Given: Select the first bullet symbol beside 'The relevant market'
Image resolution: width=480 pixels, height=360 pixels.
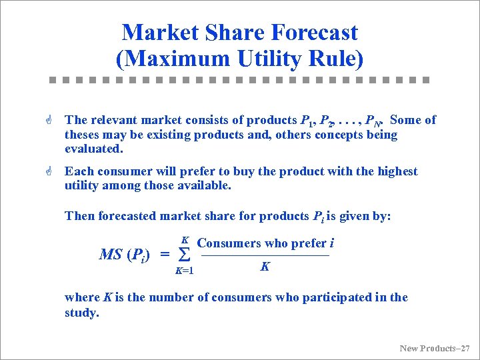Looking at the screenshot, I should [x=51, y=120].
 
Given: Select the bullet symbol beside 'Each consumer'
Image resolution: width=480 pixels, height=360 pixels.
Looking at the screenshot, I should [x=51, y=171].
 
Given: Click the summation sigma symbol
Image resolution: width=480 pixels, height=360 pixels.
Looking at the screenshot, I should [x=186, y=255].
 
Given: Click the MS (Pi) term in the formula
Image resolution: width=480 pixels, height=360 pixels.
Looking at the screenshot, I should [x=124, y=254].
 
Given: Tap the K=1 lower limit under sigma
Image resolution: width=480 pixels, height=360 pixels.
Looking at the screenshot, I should [x=184, y=271].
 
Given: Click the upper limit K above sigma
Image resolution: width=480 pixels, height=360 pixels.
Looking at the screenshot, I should [x=185, y=240].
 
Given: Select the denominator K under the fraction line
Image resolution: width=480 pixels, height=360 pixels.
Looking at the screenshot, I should [x=265, y=267].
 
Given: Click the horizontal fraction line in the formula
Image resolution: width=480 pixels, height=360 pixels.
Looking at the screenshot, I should [x=265, y=256].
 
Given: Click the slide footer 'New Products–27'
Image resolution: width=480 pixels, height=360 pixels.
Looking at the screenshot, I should [x=435, y=348].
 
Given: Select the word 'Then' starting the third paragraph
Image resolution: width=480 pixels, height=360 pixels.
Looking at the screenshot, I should [x=79, y=216].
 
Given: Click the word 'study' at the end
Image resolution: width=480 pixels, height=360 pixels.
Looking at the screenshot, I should [x=80, y=312].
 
